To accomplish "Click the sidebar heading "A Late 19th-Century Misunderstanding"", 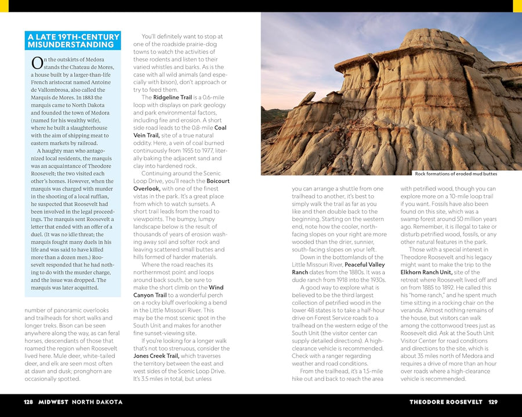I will pyautogui.click(x=73, y=40).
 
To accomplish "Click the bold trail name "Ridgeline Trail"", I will pyautogui.click(x=172, y=97).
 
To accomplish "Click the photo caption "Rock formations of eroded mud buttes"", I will pyautogui.click(x=456, y=174).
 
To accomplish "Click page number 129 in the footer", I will pyautogui.click(x=492, y=402).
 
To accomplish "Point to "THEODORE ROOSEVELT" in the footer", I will pyautogui.click(x=445, y=402).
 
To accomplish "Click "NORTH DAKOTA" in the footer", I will pyautogui.click(x=97, y=402).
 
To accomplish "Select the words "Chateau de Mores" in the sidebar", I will pyautogui.click(x=92, y=67).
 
